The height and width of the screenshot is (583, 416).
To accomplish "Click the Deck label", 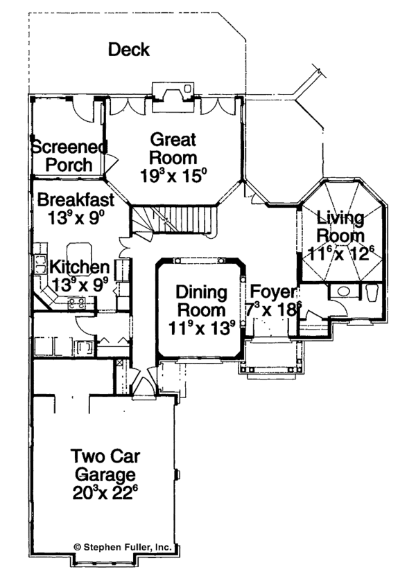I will (x=129, y=50).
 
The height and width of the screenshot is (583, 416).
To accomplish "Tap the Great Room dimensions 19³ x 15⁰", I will (x=170, y=176).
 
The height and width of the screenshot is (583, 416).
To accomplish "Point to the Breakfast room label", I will (x=76, y=199).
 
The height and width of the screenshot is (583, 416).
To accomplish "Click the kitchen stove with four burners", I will (x=76, y=302).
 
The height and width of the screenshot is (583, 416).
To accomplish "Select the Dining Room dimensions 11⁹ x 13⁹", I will (x=200, y=327).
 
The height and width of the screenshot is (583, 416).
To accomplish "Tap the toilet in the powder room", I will (x=372, y=293).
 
